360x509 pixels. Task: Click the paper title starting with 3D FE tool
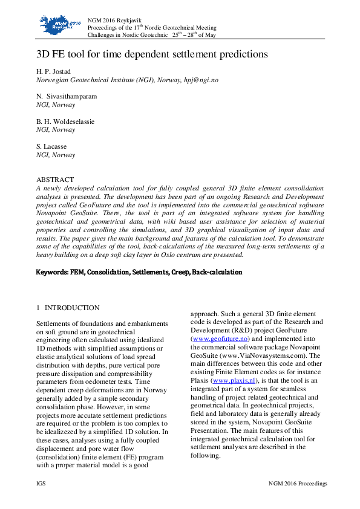(x=152, y=54)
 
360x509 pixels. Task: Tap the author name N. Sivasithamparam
(x=67, y=97)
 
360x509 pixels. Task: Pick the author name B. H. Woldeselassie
(x=65, y=122)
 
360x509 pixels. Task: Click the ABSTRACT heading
(x=55, y=180)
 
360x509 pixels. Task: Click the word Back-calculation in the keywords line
(x=217, y=273)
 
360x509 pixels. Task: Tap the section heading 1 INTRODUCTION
(x=68, y=308)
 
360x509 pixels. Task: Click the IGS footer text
(x=41, y=484)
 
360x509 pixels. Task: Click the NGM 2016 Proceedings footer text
(x=298, y=484)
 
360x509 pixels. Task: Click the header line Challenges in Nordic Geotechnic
(x=129, y=35)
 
